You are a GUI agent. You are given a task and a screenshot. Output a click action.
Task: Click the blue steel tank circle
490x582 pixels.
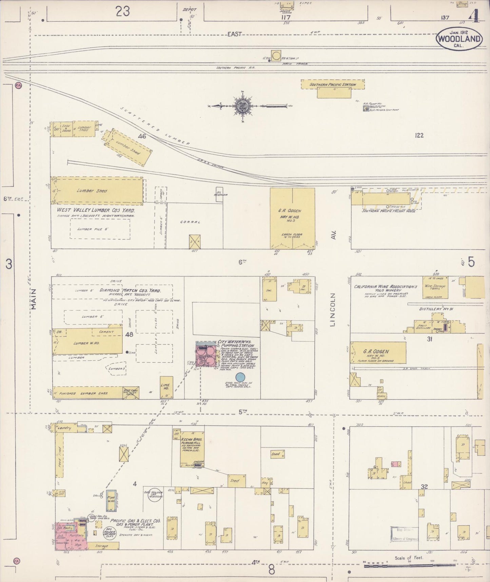(240, 377)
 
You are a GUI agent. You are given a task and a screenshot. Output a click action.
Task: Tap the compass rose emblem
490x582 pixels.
(243, 106)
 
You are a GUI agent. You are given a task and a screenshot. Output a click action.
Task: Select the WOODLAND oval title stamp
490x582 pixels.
(459, 38)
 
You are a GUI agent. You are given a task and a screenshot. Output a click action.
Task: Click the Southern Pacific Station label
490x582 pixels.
(332, 85)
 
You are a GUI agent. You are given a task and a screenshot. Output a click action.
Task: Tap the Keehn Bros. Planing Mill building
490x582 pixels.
(192, 449)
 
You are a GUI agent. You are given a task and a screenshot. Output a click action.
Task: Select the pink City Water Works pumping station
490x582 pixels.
(206, 354)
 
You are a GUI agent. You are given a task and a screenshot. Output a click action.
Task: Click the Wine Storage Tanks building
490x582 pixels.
(435, 287)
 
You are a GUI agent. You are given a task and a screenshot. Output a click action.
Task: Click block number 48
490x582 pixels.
(129, 334)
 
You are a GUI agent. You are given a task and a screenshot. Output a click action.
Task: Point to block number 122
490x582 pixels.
(419, 135)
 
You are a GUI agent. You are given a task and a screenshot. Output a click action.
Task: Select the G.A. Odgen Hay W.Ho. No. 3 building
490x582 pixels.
(292, 218)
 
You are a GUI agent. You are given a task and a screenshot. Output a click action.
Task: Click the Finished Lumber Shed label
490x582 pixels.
(83, 393)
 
